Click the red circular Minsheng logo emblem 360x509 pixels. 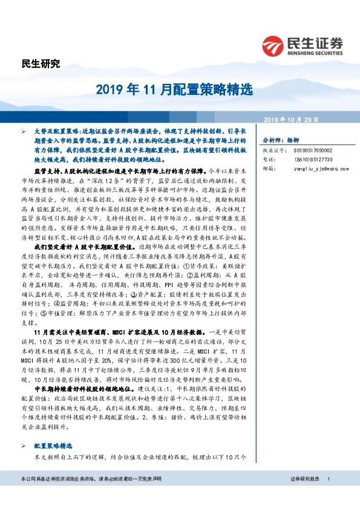273,45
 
